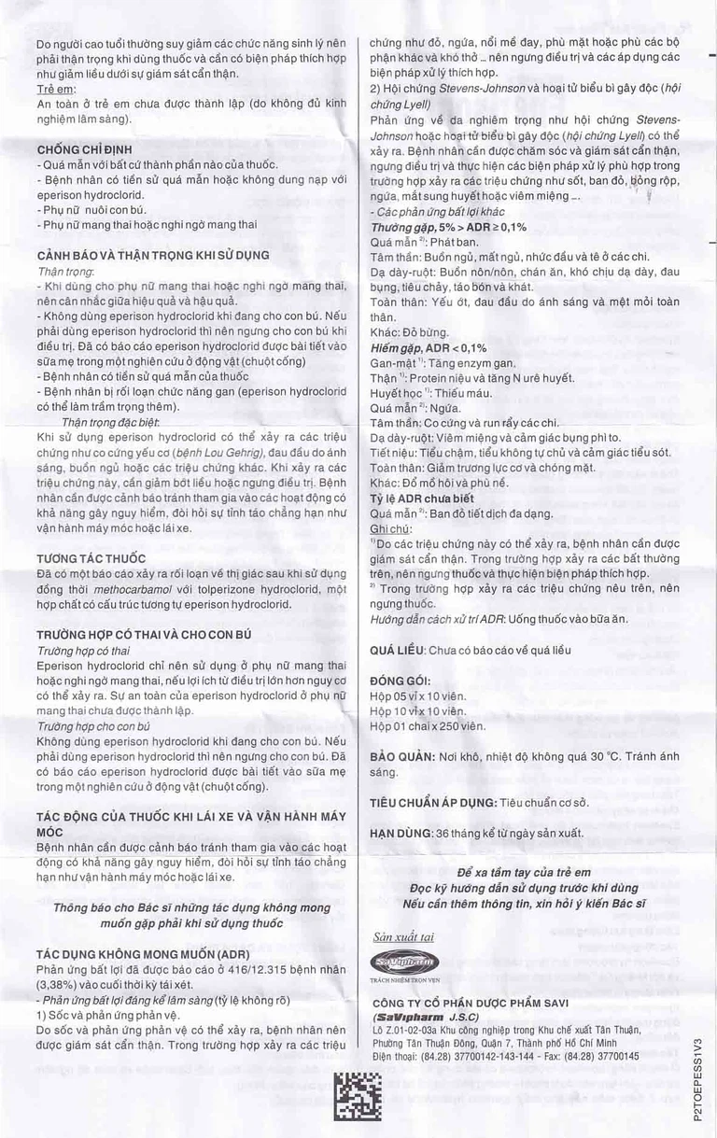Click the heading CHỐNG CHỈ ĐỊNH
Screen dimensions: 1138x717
coord(84,149)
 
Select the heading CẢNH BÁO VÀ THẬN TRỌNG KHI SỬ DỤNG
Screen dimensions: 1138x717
coord(152,255)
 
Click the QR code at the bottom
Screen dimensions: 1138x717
coord(358,1096)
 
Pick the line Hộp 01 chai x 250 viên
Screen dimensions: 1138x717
coord(428,726)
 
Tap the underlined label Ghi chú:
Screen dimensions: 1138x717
coord(391,528)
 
